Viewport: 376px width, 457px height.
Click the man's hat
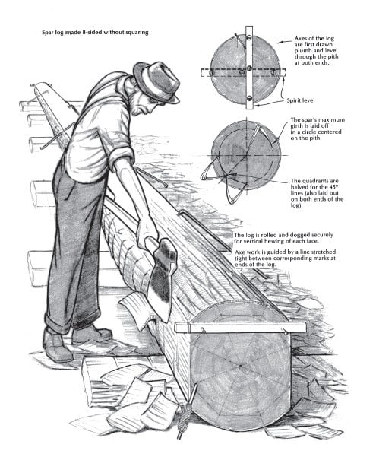(156, 82)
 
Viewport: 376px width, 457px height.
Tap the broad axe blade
(161, 279)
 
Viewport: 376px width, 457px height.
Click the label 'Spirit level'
(301, 100)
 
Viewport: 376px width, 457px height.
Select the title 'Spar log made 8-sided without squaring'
(95, 33)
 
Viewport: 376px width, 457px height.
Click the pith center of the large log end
(241, 366)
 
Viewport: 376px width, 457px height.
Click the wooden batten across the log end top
(241, 327)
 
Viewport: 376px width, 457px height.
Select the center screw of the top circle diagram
(249, 68)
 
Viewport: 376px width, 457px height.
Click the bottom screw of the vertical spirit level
(249, 97)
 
